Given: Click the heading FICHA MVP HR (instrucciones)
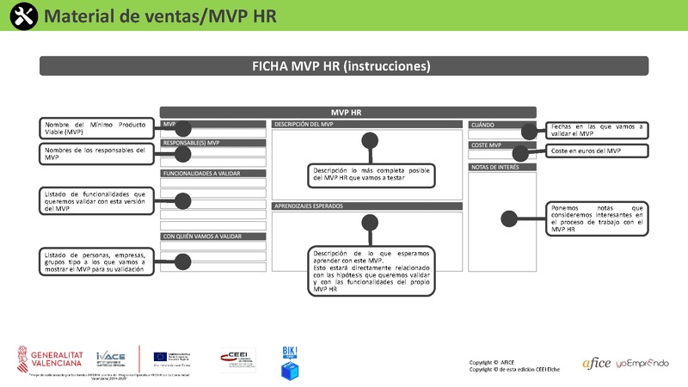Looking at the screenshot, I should pyautogui.click(x=341, y=65).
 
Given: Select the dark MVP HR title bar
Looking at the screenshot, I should pyautogui.click(x=347, y=112).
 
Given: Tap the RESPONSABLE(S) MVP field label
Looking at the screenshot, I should pyautogui.click(x=192, y=143).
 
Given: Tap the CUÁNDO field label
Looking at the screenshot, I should pyautogui.click(x=483, y=125).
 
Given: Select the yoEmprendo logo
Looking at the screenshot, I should pyautogui.click(x=642, y=364).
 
